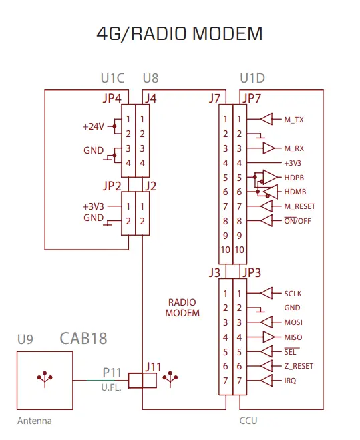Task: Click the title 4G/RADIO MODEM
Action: (x=180, y=34)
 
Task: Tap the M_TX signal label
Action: (x=294, y=119)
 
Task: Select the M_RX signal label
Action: (x=294, y=148)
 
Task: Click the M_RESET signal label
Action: (x=299, y=206)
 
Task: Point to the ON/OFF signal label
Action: (x=297, y=221)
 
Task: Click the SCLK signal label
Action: (x=293, y=293)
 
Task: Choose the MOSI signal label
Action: (x=293, y=322)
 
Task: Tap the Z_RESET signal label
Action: (x=299, y=366)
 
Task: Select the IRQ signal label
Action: (x=291, y=381)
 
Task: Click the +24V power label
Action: (x=94, y=126)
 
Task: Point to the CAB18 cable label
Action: (x=83, y=338)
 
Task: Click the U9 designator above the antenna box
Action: (x=25, y=339)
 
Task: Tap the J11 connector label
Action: (x=154, y=366)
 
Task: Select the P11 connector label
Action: (x=112, y=371)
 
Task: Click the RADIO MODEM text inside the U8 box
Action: (x=182, y=308)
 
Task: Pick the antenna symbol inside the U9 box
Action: (x=45, y=379)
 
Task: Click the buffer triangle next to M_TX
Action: (x=266, y=119)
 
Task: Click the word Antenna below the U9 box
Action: (x=34, y=421)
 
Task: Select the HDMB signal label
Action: (x=296, y=191)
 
